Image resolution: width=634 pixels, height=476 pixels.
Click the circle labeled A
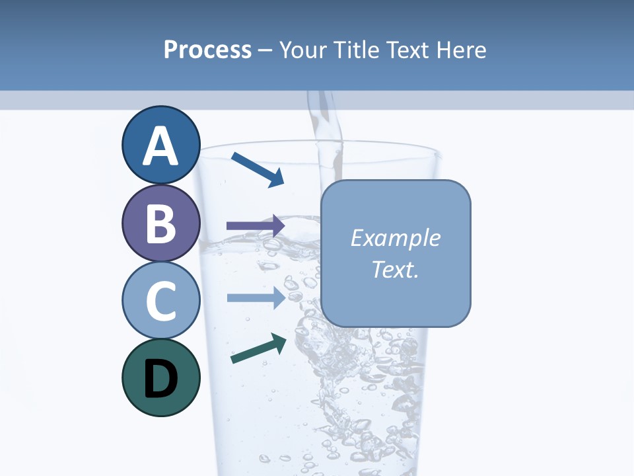(x=160, y=145)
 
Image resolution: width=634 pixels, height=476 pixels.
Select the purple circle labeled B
(x=160, y=223)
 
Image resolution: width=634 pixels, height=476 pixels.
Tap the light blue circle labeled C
(x=160, y=301)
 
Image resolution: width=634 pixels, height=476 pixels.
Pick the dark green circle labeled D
(x=160, y=377)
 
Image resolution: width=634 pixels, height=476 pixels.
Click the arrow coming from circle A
(x=258, y=169)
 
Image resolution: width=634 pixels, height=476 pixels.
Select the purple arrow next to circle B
(x=255, y=226)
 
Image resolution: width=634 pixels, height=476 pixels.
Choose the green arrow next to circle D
(x=258, y=348)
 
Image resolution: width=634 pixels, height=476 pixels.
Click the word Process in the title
(x=207, y=50)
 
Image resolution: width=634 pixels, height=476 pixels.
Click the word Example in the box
(x=395, y=238)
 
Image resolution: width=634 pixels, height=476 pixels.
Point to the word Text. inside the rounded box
(x=395, y=270)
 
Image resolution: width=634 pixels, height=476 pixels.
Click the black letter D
(x=160, y=379)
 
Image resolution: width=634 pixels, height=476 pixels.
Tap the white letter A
(x=160, y=146)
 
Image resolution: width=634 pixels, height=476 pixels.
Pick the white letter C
(x=160, y=301)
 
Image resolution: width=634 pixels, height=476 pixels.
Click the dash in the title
(x=265, y=50)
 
